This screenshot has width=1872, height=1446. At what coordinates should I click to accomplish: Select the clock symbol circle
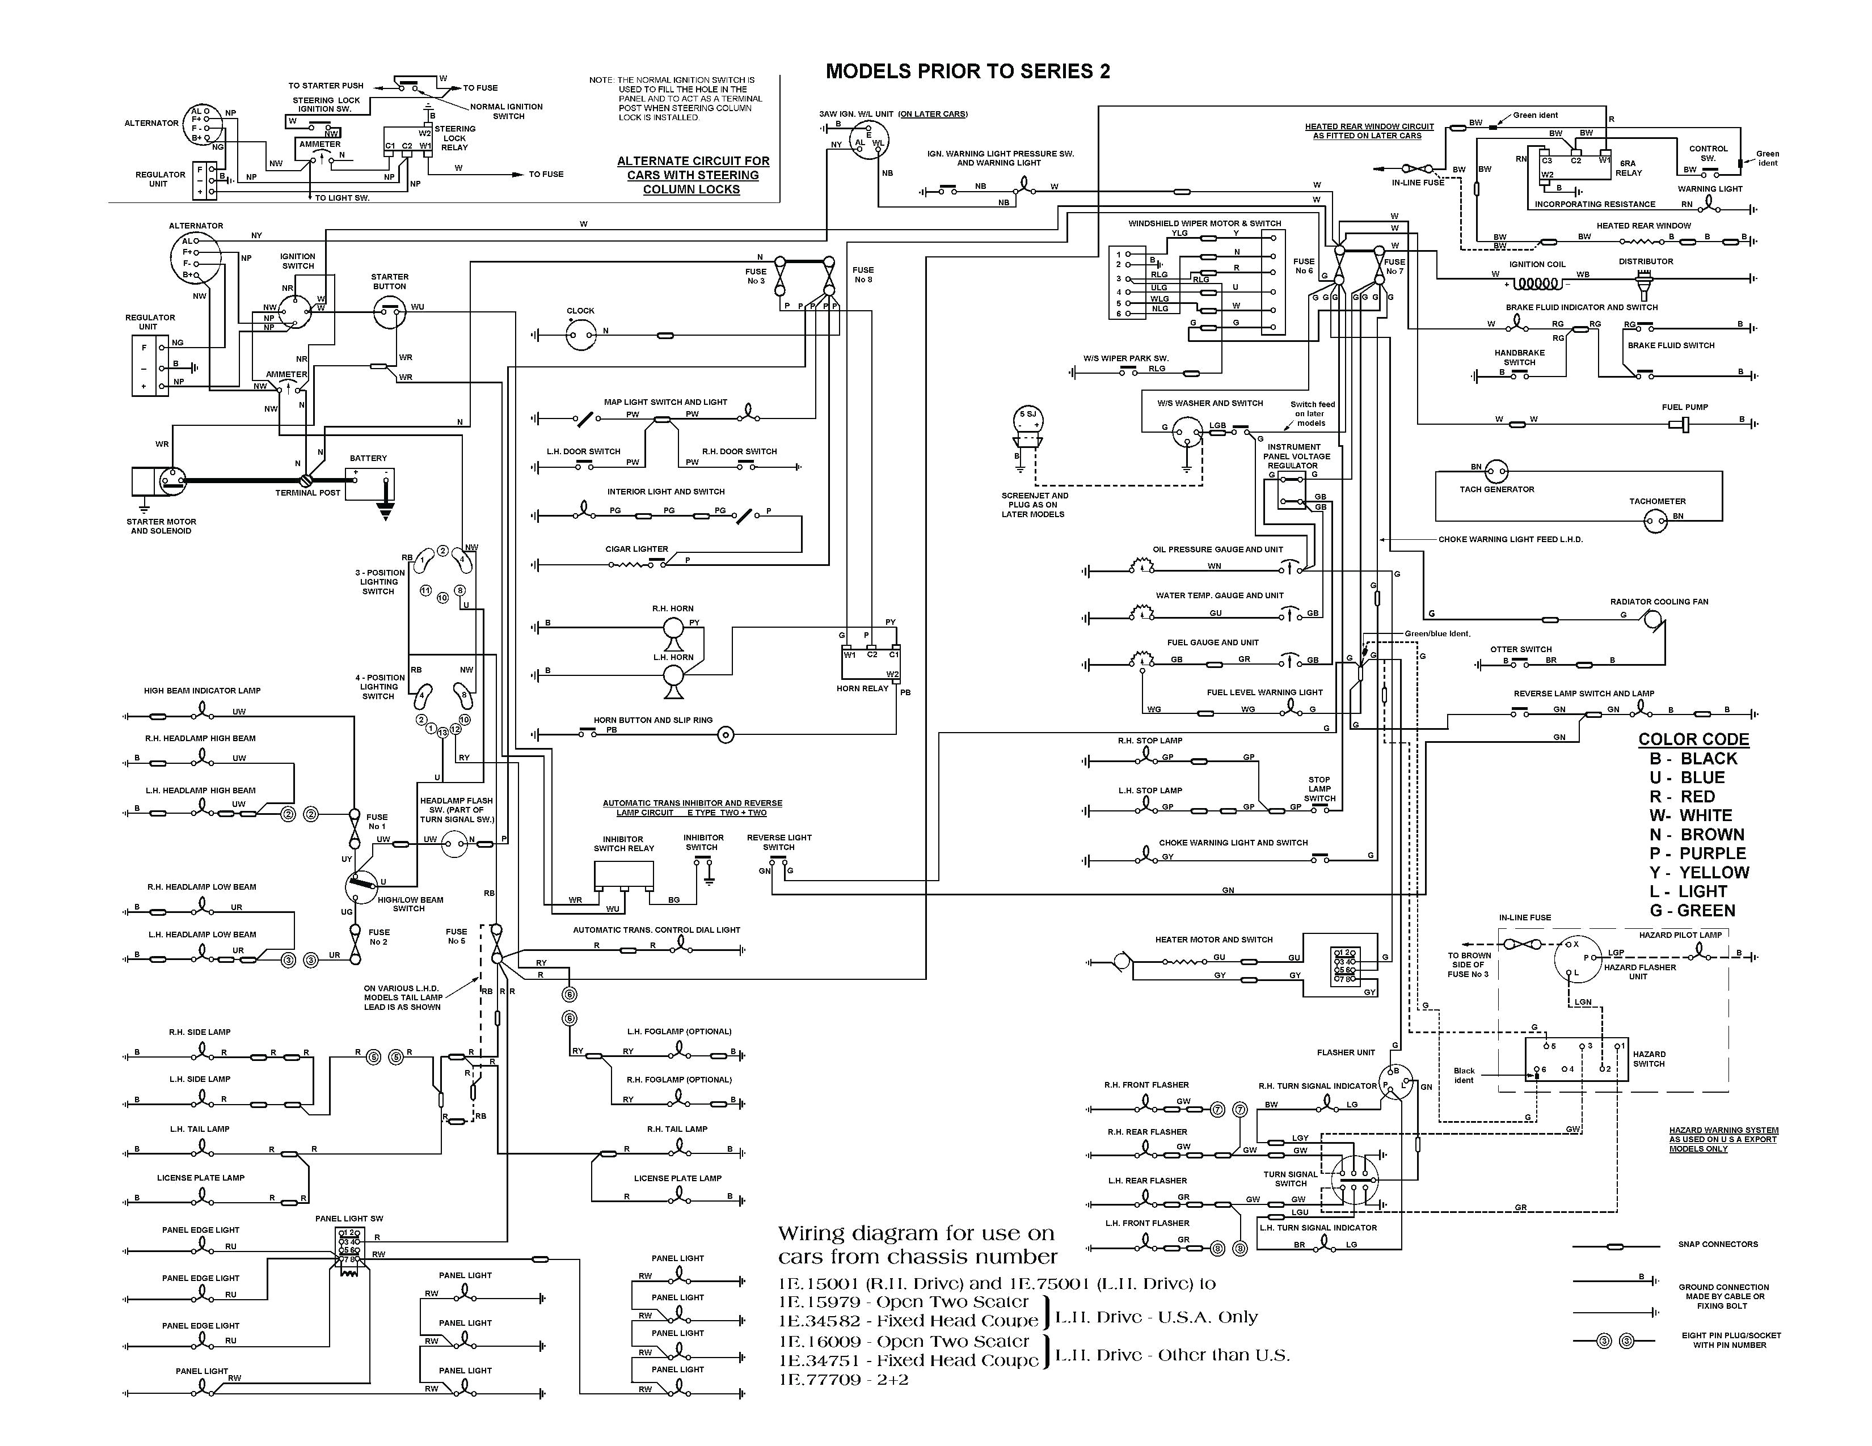580,335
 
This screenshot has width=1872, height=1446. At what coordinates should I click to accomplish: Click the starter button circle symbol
390,314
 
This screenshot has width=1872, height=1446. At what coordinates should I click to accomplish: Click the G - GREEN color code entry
1692,911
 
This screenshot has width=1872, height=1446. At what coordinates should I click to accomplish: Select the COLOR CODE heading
1693,739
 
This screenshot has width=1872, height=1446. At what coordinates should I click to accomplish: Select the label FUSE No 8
863,274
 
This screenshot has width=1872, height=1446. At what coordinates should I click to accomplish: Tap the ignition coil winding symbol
1535,283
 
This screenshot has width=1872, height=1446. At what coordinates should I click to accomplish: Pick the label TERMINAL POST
307,493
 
